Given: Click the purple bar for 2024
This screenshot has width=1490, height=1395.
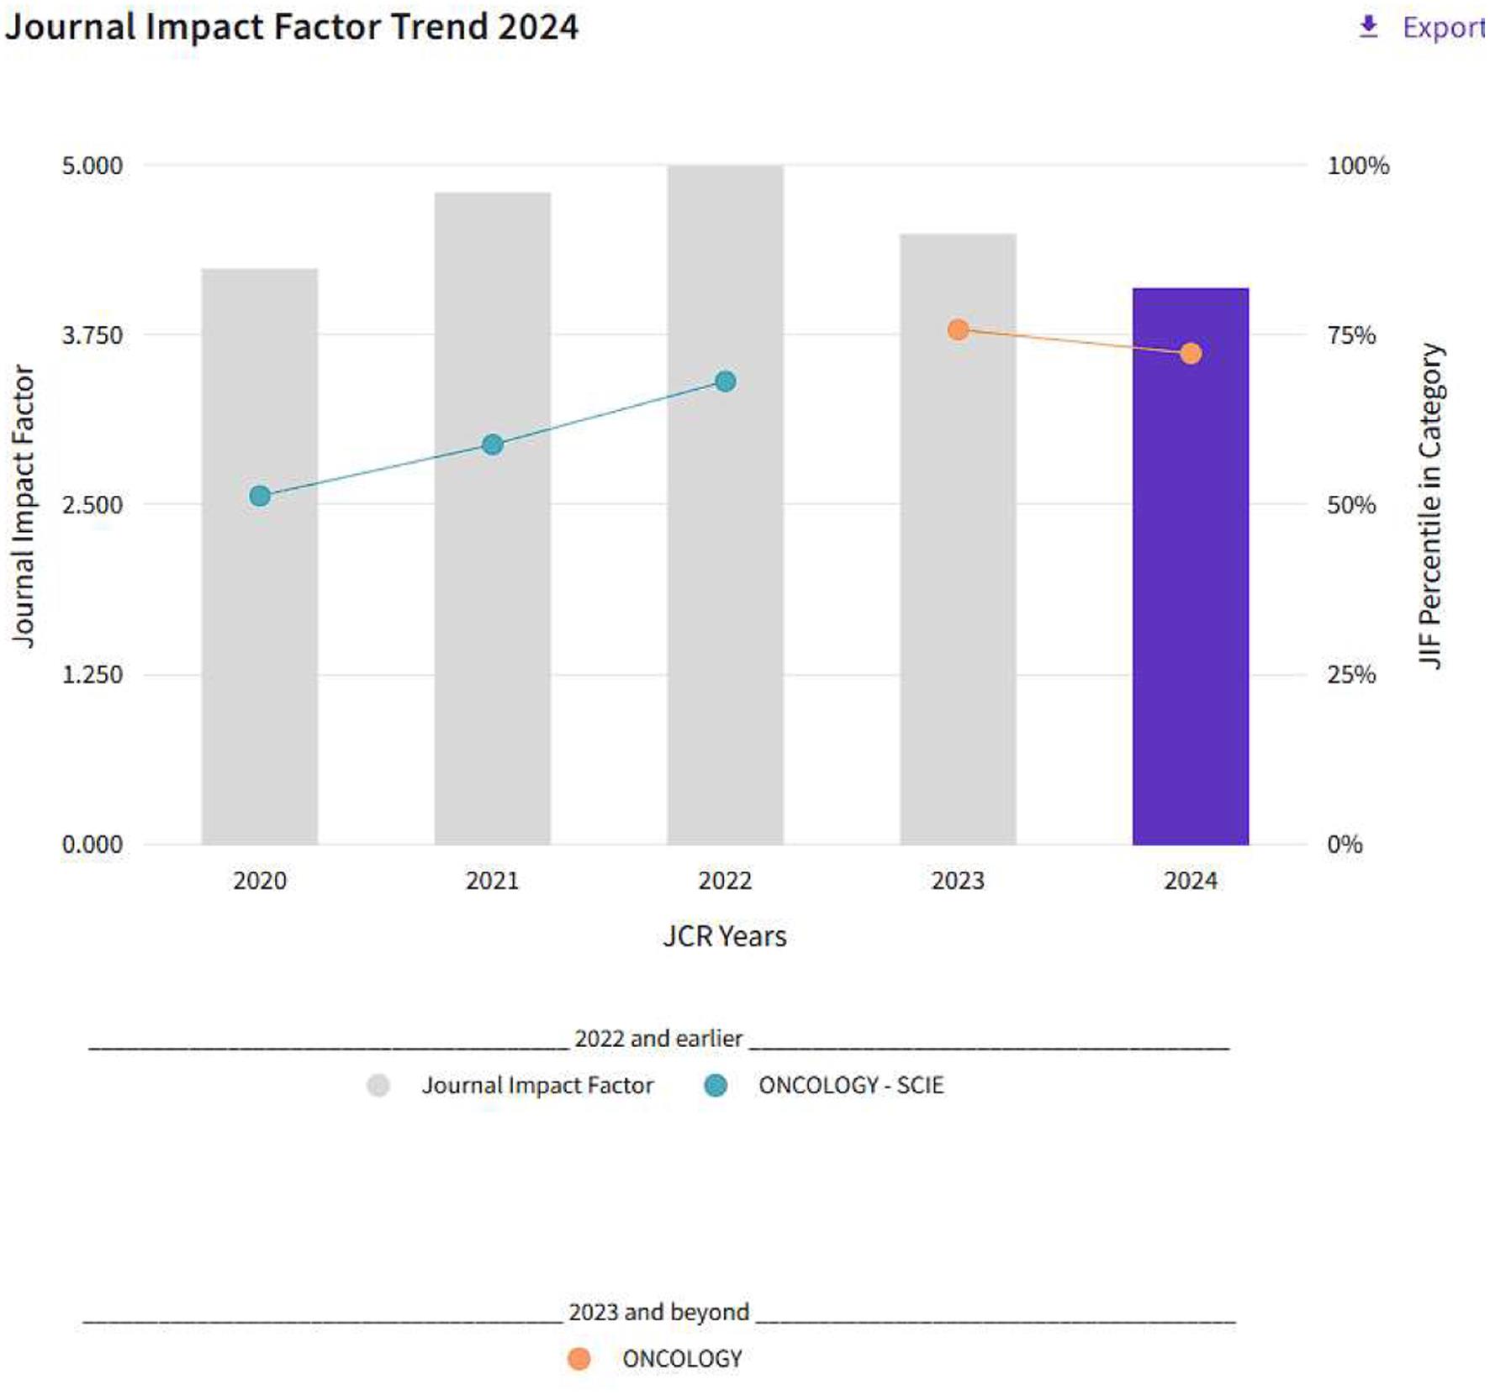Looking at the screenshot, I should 1190,588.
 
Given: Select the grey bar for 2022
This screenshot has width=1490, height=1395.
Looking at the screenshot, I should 725,588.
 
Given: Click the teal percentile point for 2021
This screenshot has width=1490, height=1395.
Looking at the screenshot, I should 493,445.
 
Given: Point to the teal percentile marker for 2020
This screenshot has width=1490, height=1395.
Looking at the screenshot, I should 260,496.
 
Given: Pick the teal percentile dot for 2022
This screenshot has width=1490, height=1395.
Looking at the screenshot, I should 725,382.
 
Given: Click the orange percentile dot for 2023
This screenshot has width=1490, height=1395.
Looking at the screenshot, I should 958,329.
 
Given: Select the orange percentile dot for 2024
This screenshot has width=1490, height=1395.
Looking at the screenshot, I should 1190,353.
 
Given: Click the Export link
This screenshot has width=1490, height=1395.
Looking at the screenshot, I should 1443,28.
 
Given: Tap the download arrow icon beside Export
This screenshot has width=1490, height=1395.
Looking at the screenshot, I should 1369,27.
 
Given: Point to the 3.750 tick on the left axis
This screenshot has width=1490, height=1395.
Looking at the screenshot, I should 92,335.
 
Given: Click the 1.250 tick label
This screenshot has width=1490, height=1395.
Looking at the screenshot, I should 92,675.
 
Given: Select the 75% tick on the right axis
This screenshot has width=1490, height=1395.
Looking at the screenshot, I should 1351,335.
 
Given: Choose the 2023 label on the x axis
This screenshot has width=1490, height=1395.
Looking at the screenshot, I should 958,881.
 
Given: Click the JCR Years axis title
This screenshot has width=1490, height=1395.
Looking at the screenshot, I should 725,936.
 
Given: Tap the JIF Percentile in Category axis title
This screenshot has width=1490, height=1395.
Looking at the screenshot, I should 1430,505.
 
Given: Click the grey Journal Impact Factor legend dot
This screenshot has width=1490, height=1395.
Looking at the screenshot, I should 378,1086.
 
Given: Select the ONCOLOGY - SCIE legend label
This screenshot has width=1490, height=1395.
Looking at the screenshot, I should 851,1086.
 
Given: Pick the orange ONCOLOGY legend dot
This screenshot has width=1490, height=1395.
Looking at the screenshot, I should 579,1359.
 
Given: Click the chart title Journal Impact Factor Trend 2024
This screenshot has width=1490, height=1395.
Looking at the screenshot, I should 292,27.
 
